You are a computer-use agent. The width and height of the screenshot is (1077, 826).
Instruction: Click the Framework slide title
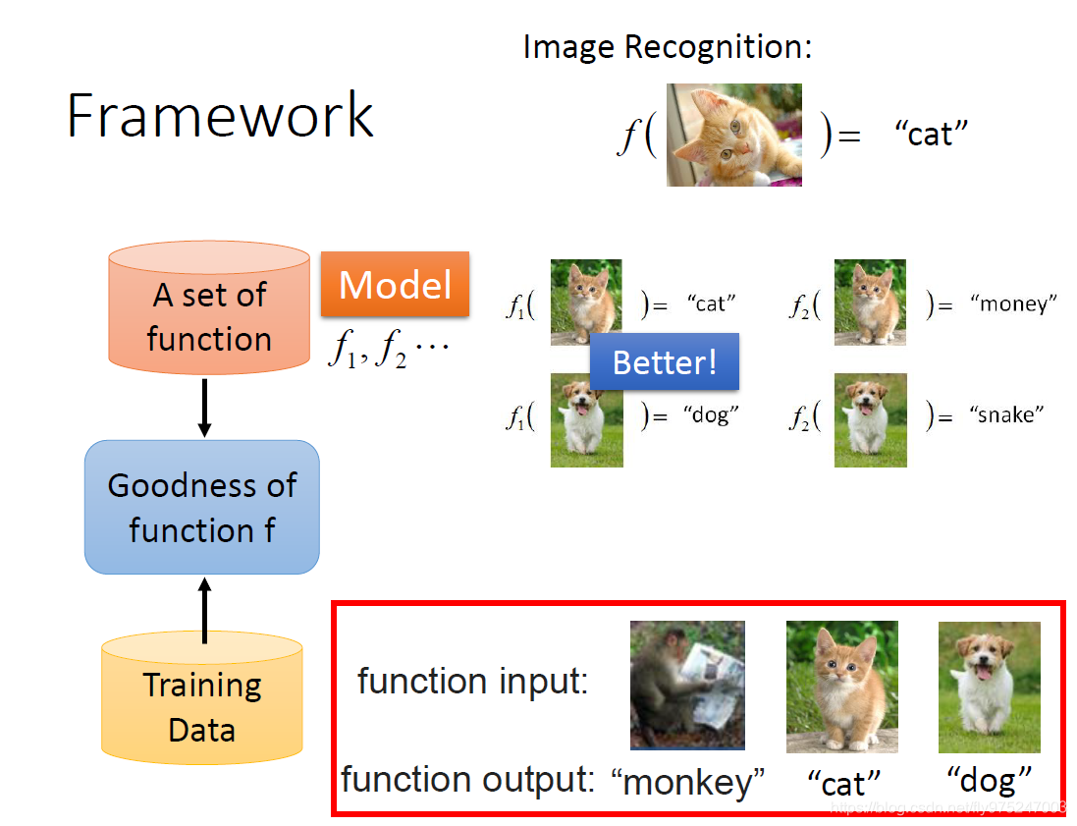coord(220,117)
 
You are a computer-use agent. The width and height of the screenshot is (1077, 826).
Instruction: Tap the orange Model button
coord(395,285)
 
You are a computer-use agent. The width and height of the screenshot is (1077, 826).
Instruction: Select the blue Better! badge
coord(665,362)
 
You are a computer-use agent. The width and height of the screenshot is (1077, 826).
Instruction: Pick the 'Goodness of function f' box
coord(202,507)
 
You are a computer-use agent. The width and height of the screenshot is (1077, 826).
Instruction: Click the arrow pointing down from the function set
coord(204,408)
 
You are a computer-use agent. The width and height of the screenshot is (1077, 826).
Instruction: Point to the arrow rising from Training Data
coord(204,609)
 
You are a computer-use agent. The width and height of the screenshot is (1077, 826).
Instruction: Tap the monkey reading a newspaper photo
coord(687,685)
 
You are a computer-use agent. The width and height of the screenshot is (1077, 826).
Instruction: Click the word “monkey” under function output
coord(687,783)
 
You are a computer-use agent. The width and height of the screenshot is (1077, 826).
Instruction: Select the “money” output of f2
coord(1013,304)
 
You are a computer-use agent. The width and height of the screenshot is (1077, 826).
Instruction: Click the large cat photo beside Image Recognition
coord(734,135)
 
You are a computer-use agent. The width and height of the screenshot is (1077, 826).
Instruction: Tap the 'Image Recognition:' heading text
coord(668,46)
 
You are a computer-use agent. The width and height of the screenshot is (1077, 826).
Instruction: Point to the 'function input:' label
coord(472,681)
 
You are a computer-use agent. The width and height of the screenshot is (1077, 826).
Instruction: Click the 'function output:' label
coord(468,780)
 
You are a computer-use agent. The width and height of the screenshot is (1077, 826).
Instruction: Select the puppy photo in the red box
coord(989,685)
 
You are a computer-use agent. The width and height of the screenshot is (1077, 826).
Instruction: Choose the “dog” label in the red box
coord(990,780)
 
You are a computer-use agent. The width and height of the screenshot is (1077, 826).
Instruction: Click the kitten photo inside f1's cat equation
coord(586,302)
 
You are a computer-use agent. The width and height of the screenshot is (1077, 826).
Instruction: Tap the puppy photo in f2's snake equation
coord(871,420)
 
